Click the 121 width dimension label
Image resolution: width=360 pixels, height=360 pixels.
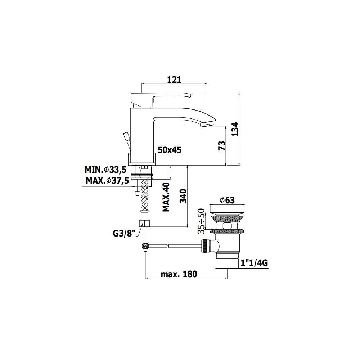pos(174,80)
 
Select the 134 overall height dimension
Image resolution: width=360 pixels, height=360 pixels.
pos(234,129)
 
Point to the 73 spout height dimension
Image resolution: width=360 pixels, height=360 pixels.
pos(222,145)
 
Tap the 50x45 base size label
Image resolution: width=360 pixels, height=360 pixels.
pos(170,150)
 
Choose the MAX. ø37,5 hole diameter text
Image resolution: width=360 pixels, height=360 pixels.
pos(107,181)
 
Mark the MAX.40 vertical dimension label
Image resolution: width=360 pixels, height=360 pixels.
pos(166,197)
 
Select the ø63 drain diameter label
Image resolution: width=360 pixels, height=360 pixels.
pos(227,200)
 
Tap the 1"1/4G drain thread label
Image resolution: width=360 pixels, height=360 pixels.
pos(254,264)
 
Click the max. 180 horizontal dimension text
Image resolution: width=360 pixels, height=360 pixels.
pos(179,274)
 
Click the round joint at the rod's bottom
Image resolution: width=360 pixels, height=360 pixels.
pos(145,246)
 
